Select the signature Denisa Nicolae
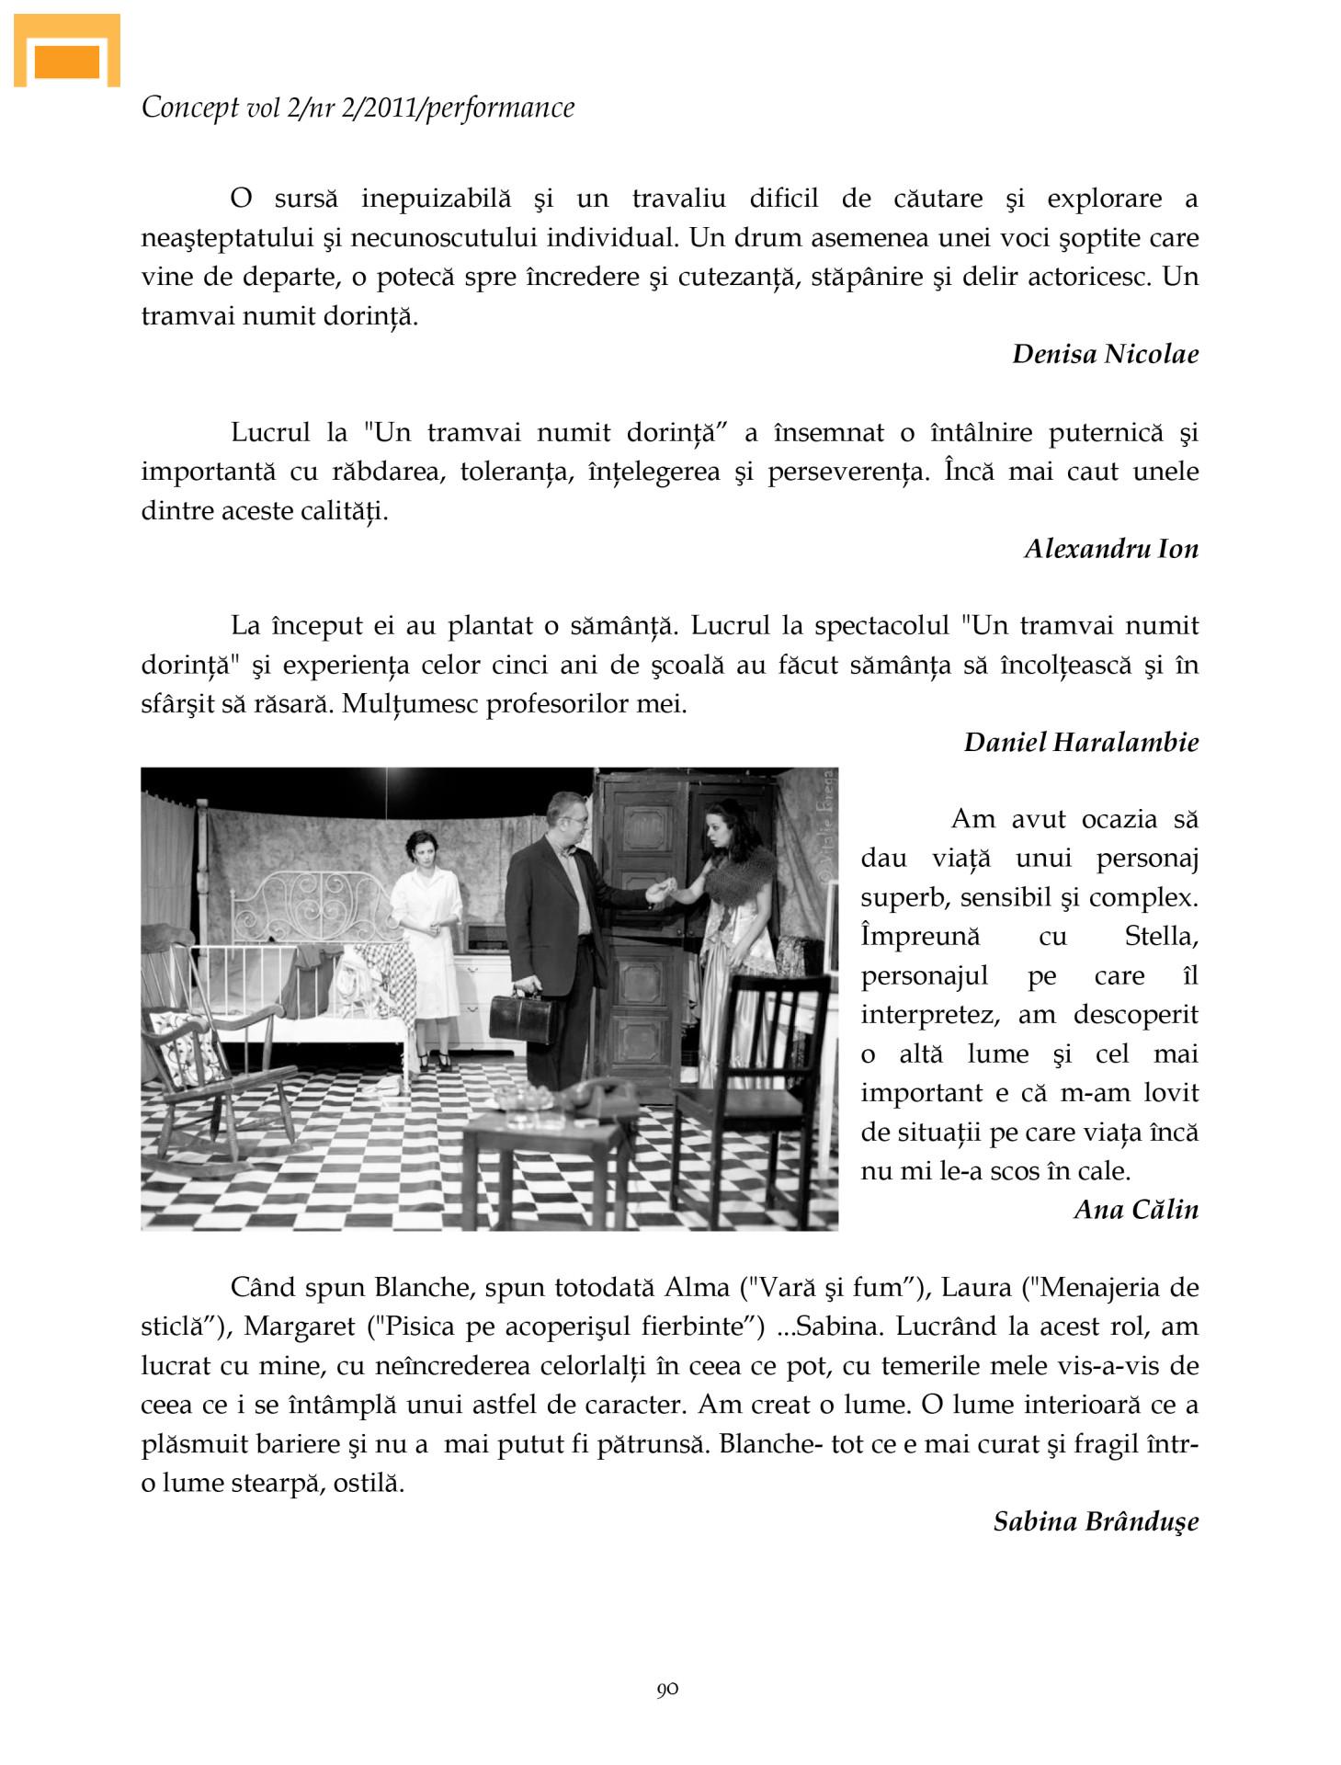point(1105,354)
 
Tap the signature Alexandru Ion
point(1111,549)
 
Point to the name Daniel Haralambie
point(1081,742)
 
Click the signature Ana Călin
point(1136,1209)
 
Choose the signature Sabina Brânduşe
point(1096,1521)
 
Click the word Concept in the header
point(190,108)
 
